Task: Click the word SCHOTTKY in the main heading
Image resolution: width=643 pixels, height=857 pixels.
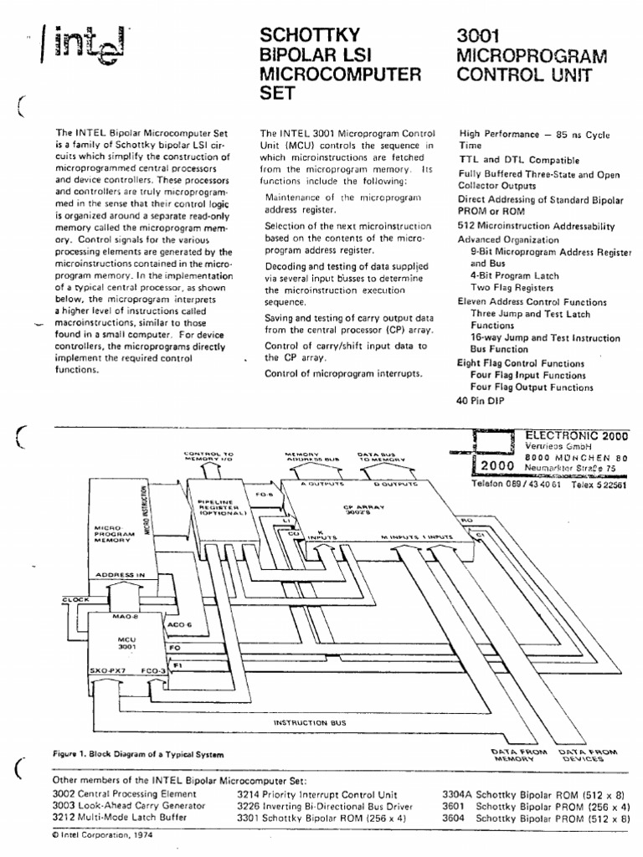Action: [311, 35]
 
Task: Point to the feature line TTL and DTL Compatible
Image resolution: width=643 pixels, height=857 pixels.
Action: [518, 159]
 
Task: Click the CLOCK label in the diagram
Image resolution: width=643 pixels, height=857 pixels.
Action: [76, 599]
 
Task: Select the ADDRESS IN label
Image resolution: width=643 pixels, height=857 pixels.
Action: [121, 576]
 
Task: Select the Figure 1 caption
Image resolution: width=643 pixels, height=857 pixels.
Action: [138, 754]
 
